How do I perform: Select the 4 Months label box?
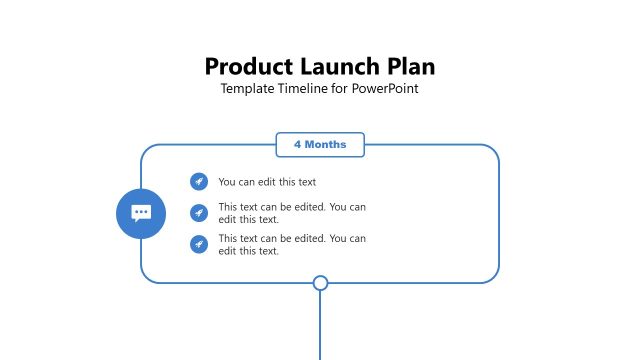click(x=320, y=145)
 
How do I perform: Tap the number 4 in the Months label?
click(x=297, y=145)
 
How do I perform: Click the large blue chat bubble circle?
click(x=141, y=213)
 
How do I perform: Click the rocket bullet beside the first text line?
click(x=199, y=181)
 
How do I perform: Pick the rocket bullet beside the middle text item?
click(x=199, y=212)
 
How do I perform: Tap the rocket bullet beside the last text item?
click(x=199, y=244)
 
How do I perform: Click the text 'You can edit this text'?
click(x=267, y=182)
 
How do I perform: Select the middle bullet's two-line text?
click(x=292, y=213)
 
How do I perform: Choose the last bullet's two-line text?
click(x=292, y=245)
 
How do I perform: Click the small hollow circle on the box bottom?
click(x=320, y=283)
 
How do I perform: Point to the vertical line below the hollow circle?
click(x=320, y=325)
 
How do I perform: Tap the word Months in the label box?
click(x=326, y=145)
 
